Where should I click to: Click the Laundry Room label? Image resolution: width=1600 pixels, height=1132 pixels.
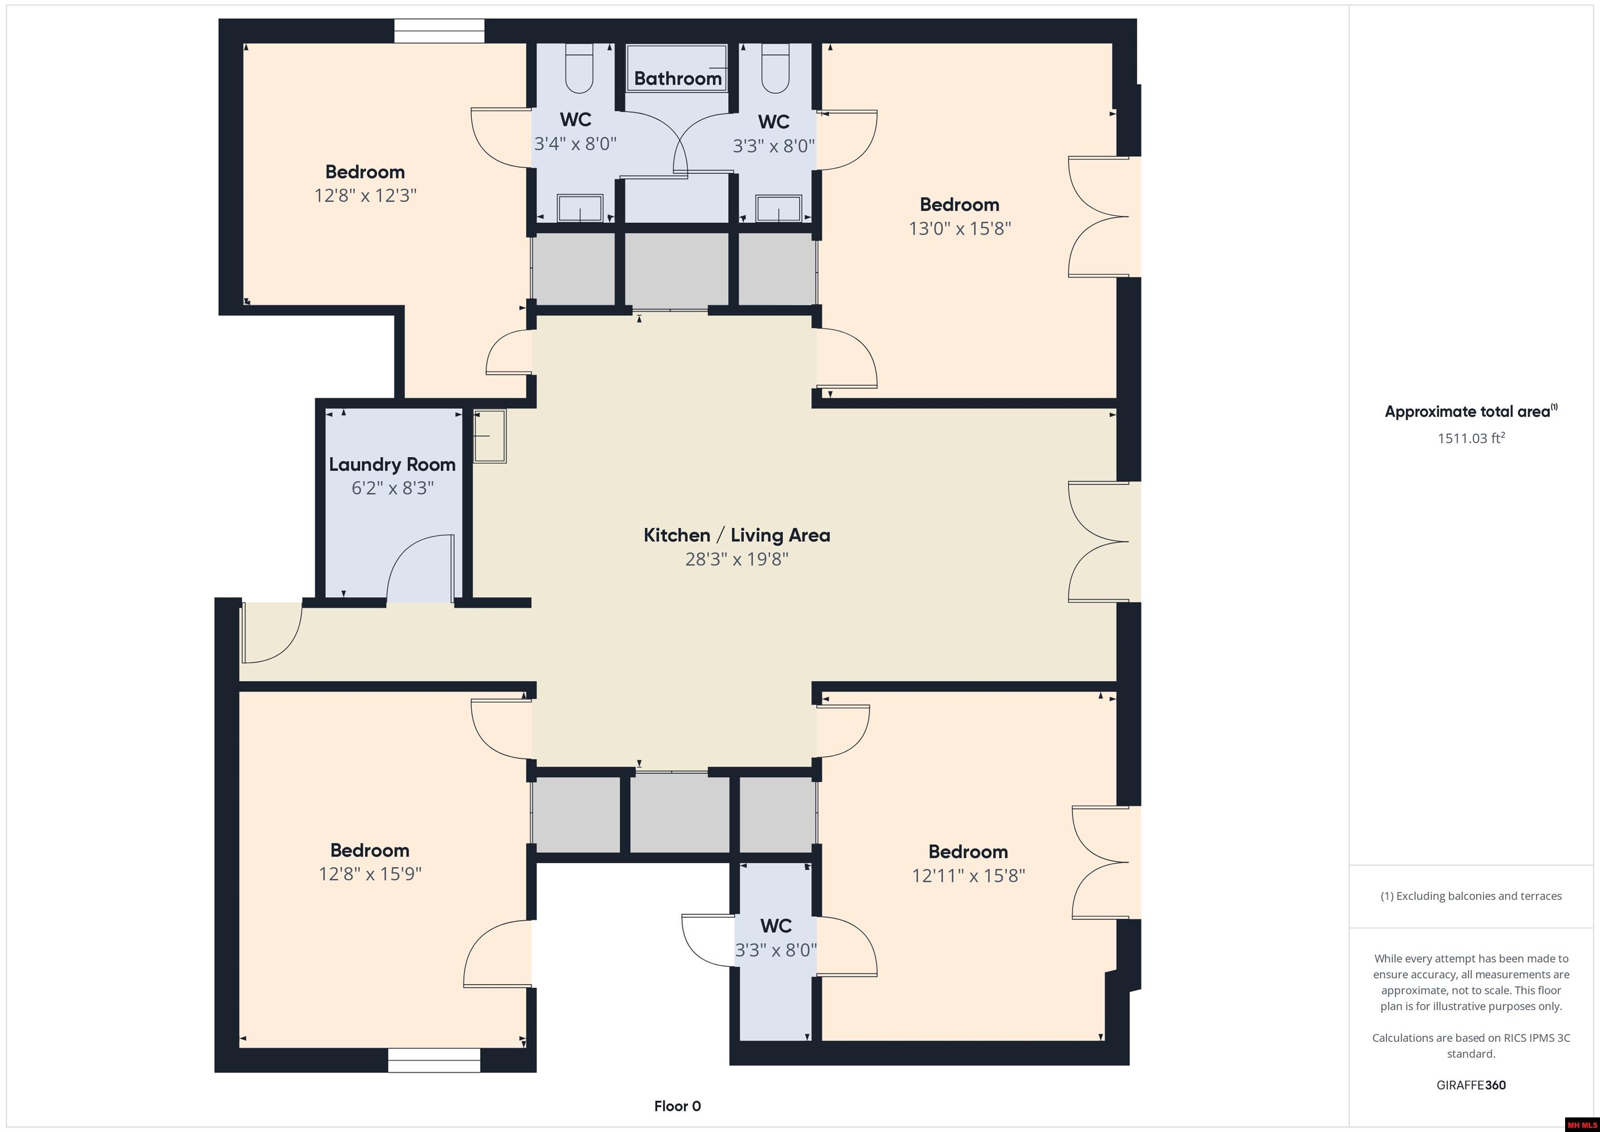pyautogui.click(x=392, y=464)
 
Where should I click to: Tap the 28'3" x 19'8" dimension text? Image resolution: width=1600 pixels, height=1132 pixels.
pyautogui.click(x=736, y=559)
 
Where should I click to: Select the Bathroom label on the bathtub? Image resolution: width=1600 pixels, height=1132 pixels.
pyautogui.click(x=678, y=78)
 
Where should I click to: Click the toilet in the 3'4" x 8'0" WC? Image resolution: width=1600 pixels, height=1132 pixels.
pyautogui.click(x=579, y=68)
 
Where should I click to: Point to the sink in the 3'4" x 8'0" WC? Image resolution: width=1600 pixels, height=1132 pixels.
pyautogui.click(x=580, y=208)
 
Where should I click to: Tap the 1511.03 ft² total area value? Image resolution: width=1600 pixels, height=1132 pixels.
pyautogui.click(x=1470, y=439)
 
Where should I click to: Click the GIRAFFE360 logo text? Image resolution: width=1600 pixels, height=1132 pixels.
pyautogui.click(x=1470, y=1085)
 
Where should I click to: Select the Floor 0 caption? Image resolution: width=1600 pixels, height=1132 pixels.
pyautogui.click(x=677, y=1106)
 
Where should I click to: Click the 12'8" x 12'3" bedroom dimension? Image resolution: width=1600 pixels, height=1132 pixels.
pyautogui.click(x=365, y=195)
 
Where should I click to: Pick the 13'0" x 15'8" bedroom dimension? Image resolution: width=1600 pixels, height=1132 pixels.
pyautogui.click(x=959, y=229)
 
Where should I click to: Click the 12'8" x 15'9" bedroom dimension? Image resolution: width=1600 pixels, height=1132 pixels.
pyautogui.click(x=370, y=874)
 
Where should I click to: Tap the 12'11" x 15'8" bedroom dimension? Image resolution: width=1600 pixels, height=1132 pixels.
pyautogui.click(x=968, y=876)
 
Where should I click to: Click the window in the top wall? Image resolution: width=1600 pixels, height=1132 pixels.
pyautogui.click(x=439, y=31)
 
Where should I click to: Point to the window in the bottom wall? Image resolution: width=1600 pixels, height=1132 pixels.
pyautogui.click(x=434, y=1060)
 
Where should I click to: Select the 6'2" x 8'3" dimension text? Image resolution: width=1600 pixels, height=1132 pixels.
pyautogui.click(x=392, y=488)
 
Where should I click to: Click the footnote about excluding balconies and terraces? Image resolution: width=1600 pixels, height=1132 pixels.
pyautogui.click(x=1470, y=895)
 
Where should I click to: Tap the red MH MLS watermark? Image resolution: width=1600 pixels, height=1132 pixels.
pyautogui.click(x=1581, y=1125)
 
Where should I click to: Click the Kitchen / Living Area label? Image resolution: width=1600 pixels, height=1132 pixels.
pyautogui.click(x=736, y=536)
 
